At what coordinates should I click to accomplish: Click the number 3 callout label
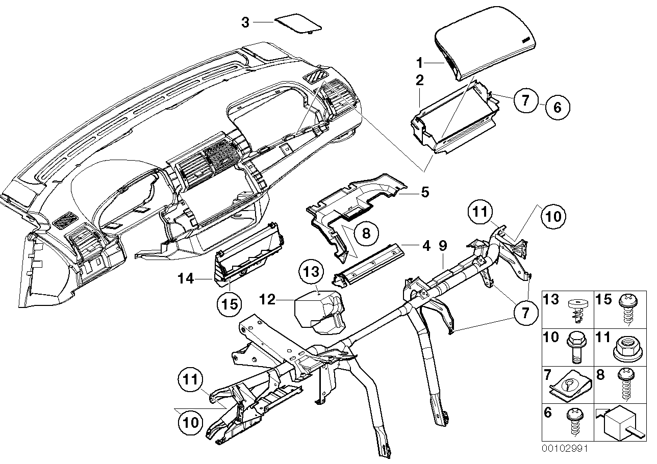(x=245, y=22)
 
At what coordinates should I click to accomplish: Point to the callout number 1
(x=419, y=63)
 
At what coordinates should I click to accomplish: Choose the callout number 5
(x=424, y=193)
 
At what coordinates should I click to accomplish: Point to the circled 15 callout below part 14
(x=229, y=304)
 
